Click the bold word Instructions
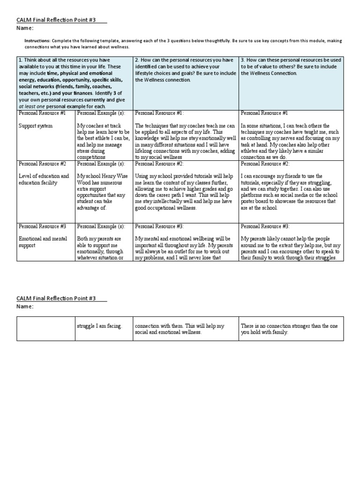[37, 41]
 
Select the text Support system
[35, 126]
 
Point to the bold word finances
[95, 93]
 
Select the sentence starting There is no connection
[291, 329]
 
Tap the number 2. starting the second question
[137, 60]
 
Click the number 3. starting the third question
[242, 60]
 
